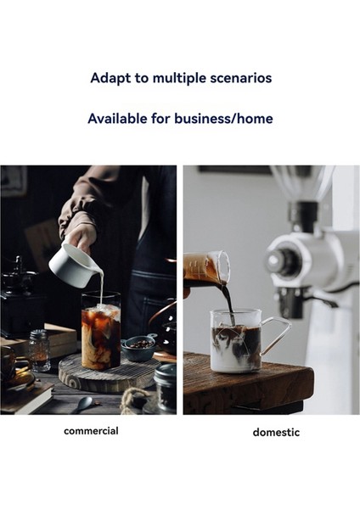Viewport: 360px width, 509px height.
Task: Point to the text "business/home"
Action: click(x=228, y=119)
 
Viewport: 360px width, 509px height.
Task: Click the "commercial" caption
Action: click(x=91, y=431)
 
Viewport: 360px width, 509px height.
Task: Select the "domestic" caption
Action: click(x=276, y=432)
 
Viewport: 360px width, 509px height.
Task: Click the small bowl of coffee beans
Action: click(x=138, y=347)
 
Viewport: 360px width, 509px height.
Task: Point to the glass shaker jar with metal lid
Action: click(x=38, y=350)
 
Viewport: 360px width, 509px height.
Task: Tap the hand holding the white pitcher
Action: click(x=80, y=228)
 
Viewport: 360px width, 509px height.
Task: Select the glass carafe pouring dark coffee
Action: click(x=206, y=272)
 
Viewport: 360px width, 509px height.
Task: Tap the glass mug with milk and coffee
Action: click(x=236, y=342)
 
